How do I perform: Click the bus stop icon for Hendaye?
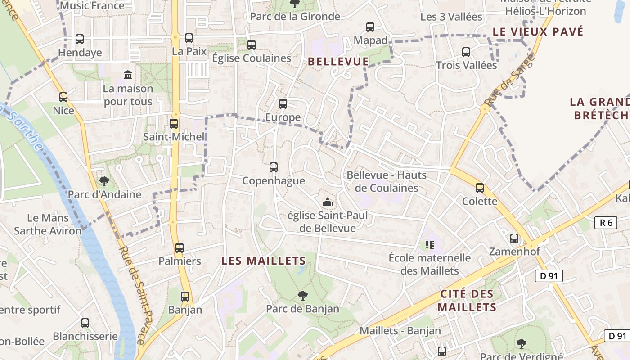pyautogui.click(x=80, y=39)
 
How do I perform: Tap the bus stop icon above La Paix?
pyautogui.click(x=189, y=38)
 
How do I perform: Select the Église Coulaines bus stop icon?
pyautogui.click(x=252, y=45)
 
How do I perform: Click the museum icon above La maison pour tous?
pyautogui.click(x=128, y=75)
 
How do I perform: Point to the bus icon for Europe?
pyautogui.click(x=283, y=104)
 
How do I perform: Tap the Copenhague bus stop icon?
pyautogui.click(x=274, y=167)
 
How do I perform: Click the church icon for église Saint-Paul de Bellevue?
pyautogui.click(x=328, y=202)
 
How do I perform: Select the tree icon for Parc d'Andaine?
pyautogui.click(x=104, y=181)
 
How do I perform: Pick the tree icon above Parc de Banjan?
pyautogui.click(x=303, y=296)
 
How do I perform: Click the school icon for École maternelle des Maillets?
pyautogui.click(x=430, y=245)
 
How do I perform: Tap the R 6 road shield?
pyautogui.click(x=606, y=222)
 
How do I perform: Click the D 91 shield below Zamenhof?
pyautogui.click(x=549, y=275)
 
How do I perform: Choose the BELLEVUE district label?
pyautogui.click(x=338, y=62)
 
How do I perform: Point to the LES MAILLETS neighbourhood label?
pyautogui.click(x=264, y=261)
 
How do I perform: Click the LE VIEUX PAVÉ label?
pyautogui.click(x=538, y=32)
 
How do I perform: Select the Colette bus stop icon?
pyautogui.click(x=480, y=188)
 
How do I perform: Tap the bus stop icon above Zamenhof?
pyautogui.click(x=514, y=238)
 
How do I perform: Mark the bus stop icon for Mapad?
pyautogui.click(x=370, y=27)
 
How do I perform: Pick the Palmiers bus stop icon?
pyautogui.click(x=180, y=247)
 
